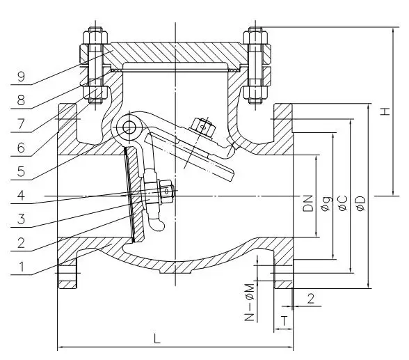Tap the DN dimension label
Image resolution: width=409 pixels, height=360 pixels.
click(308, 203)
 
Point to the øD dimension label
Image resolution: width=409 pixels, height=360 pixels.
click(360, 203)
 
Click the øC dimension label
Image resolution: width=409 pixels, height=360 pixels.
click(343, 203)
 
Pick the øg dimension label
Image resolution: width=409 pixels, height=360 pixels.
click(326, 204)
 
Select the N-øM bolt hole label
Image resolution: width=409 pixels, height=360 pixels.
click(248, 306)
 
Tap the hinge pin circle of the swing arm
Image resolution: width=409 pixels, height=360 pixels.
click(129, 127)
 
